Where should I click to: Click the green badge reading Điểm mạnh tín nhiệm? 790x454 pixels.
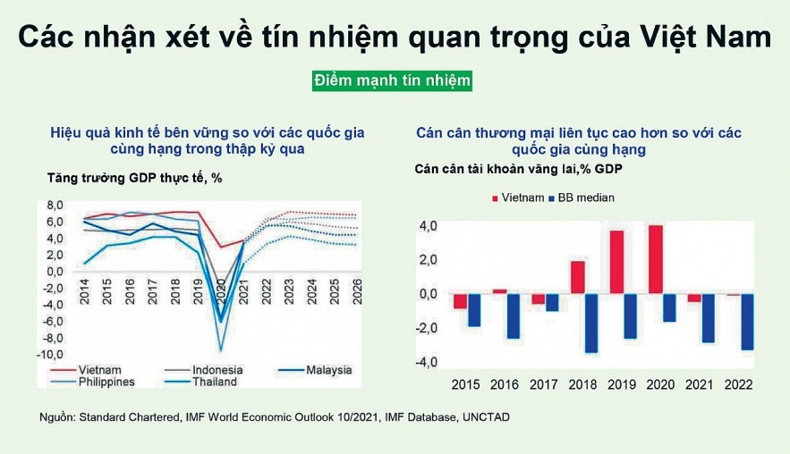392,81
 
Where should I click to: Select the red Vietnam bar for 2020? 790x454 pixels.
657,259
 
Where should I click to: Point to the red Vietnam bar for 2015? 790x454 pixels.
460,301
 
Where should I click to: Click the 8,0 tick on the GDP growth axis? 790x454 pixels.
55,205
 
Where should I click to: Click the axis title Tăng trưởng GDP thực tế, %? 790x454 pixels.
134,178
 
